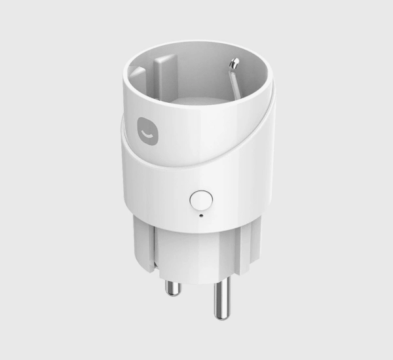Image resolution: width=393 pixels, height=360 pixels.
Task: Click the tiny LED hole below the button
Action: tap(200, 214)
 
